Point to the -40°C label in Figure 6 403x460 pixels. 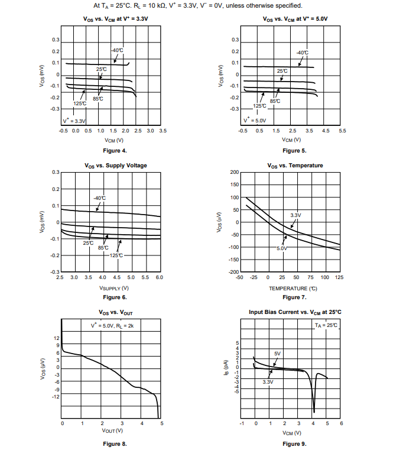100,197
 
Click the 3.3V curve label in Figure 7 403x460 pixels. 296,215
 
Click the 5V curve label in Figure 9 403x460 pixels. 278,354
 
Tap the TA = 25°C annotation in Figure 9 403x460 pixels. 326,325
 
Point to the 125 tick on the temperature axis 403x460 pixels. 340,277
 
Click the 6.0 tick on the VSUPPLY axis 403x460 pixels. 159,277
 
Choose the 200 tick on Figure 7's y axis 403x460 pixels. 234,172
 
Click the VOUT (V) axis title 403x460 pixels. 112,430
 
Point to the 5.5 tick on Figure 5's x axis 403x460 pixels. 342,130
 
